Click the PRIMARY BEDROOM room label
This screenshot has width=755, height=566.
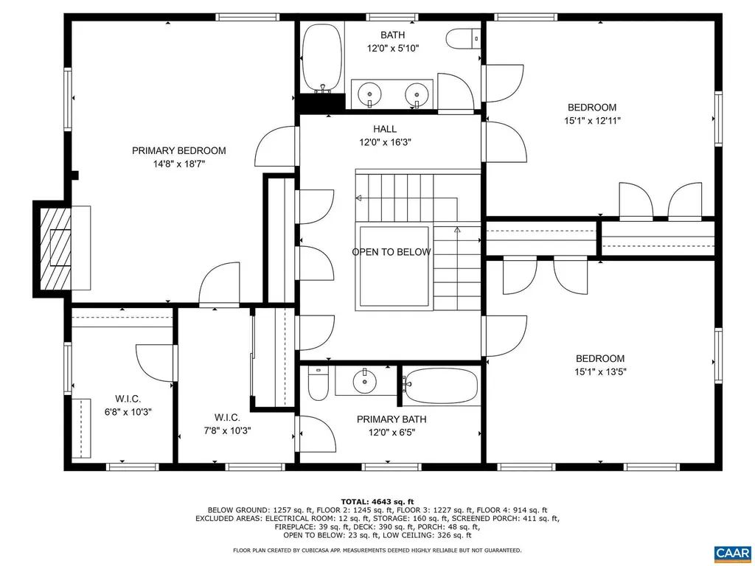pos(178,150)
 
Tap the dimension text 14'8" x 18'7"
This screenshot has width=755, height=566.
pos(178,164)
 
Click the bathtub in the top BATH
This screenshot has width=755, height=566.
pos(322,58)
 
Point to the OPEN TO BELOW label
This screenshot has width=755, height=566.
pos(391,252)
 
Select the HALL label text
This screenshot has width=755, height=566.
pos(384,129)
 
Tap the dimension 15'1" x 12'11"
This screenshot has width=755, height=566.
pos(591,121)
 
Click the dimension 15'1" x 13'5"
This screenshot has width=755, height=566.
pos(600,372)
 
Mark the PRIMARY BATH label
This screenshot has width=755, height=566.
pos(392,419)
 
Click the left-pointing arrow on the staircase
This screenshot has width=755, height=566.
pos(359,198)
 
